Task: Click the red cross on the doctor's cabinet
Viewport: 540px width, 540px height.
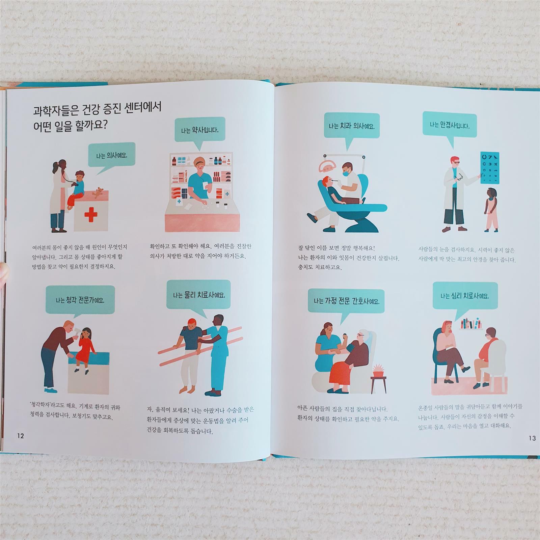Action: (x=90, y=215)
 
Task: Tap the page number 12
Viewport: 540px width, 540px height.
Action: (x=21, y=436)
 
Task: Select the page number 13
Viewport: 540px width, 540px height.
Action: (x=532, y=438)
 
